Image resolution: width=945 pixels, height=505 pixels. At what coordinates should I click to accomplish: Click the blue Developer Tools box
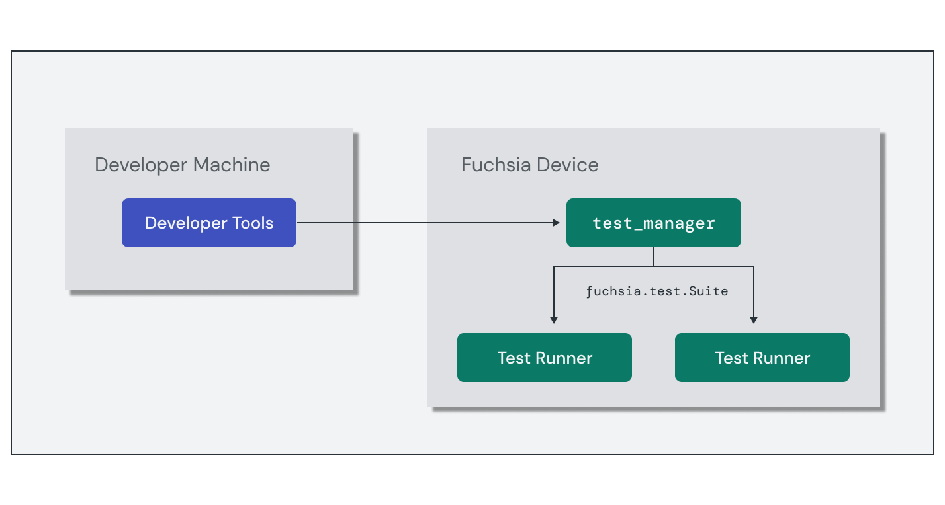coord(209,223)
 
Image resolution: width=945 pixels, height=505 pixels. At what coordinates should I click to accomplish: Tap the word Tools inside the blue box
coord(253,223)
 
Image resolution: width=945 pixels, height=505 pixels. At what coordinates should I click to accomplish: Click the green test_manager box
coord(654,223)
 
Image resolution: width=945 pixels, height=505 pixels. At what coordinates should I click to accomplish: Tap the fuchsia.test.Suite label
coord(657,291)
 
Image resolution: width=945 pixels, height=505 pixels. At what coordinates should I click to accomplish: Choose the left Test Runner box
coord(545,358)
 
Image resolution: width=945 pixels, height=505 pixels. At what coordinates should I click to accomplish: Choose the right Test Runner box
coord(762,358)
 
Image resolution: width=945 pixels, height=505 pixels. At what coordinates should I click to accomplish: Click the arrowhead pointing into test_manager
coord(557,223)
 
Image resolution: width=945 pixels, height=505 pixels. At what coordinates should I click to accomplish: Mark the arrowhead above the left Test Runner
coord(554,320)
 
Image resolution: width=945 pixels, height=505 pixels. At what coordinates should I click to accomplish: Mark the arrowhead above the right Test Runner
coord(754,320)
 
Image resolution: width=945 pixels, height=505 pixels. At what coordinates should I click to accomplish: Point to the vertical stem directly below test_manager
coord(654,256)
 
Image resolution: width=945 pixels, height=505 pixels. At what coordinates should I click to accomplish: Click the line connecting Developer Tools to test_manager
coord(424,223)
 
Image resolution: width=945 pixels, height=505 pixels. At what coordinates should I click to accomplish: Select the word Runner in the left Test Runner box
coord(564,358)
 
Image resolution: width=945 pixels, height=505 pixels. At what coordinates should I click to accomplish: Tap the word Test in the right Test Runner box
coord(731,358)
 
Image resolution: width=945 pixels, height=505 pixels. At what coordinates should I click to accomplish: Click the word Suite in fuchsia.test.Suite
coord(709,291)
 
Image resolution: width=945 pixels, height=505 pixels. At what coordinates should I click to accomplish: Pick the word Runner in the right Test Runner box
coord(782,358)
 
